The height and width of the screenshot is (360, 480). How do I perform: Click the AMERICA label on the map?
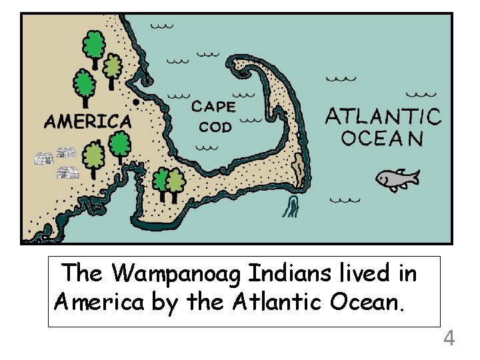87,121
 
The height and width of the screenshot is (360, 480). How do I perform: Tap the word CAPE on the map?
213,107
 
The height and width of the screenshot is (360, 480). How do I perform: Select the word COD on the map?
215,127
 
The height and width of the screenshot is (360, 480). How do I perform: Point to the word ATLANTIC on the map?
383,117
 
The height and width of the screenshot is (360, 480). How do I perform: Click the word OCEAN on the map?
382,138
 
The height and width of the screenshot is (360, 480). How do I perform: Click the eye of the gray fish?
383,176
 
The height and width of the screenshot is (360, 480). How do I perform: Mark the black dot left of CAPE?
136,101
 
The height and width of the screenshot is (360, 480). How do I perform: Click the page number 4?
449,339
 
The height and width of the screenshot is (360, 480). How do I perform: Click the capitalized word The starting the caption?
83,273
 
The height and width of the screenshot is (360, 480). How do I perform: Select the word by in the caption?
165,303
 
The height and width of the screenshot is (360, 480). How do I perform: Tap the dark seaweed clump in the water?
291,207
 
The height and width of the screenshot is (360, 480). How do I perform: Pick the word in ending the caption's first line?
407,273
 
